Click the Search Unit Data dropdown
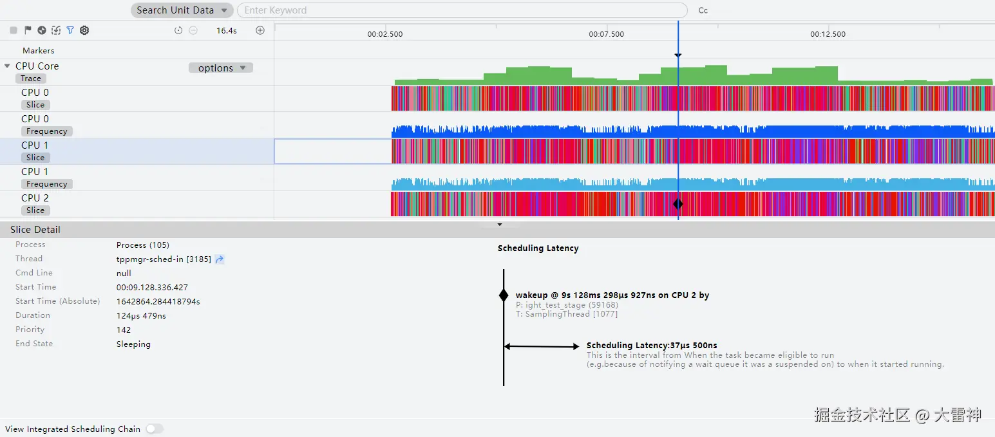point(182,10)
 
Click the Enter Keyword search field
point(461,10)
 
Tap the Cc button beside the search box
point(703,10)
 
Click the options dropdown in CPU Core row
point(221,68)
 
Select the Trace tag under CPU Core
point(31,79)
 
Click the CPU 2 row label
point(35,198)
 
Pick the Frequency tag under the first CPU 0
point(46,131)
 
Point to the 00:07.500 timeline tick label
point(606,34)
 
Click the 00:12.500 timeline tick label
point(828,34)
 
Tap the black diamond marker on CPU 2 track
point(678,204)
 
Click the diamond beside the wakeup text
point(504,295)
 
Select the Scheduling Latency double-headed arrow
point(541,346)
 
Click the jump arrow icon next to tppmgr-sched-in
point(220,259)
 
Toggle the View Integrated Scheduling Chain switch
point(154,429)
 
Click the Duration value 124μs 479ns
point(141,316)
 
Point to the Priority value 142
point(124,330)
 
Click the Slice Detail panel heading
point(35,230)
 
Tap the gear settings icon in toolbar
point(84,30)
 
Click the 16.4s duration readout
point(226,30)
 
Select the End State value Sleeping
point(133,344)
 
